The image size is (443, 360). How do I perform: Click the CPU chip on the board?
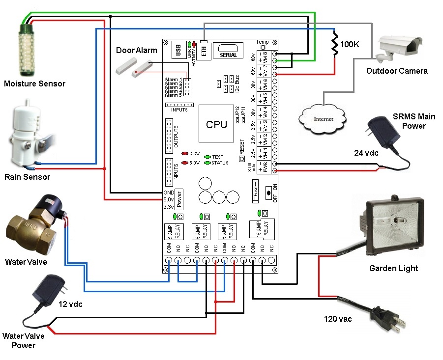point(216,124)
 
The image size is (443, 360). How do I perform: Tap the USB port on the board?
point(178,51)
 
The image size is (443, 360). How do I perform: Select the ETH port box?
point(204,51)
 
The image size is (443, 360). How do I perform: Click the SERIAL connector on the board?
point(228,51)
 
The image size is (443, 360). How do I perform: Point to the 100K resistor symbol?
point(335,44)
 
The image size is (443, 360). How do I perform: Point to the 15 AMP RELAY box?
point(259,228)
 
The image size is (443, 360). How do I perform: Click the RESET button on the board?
point(241,159)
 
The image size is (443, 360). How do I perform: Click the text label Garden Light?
point(393,268)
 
